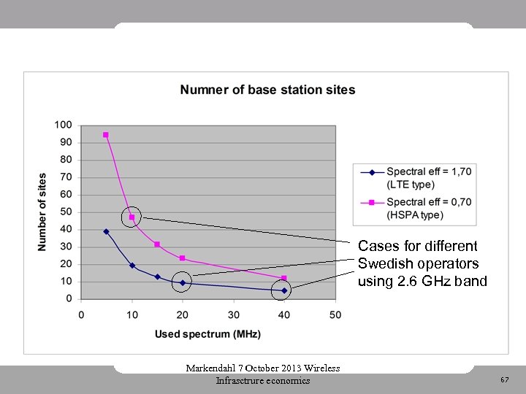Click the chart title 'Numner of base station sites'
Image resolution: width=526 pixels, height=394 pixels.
tap(267, 90)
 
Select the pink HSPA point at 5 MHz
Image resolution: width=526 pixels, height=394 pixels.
tap(106, 135)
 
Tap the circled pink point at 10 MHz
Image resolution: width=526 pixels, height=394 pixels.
tap(131, 217)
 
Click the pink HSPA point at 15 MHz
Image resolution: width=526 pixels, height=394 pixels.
tap(157, 244)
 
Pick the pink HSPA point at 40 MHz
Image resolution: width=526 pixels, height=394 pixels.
tap(284, 278)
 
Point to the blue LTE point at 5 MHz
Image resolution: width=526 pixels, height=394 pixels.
tap(106, 231)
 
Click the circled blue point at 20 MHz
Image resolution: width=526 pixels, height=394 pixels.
tap(183, 282)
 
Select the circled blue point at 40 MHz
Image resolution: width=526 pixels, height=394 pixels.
tap(284, 290)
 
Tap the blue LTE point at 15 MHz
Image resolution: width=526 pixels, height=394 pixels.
tap(157, 277)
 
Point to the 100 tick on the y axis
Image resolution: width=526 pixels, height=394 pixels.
tap(64, 125)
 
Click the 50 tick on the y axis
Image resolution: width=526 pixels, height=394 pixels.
tap(66, 212)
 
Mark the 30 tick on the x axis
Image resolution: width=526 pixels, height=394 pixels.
tap(233, 314)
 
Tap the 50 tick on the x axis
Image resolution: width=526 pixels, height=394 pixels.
tap(335, 314)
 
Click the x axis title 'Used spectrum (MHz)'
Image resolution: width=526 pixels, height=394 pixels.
tap(207, 334)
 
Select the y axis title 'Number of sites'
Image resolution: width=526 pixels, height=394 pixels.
tap(42, 212)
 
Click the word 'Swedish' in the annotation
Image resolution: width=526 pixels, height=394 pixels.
tap(384, 263)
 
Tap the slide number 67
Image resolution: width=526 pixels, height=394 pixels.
tap(504, 380)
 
